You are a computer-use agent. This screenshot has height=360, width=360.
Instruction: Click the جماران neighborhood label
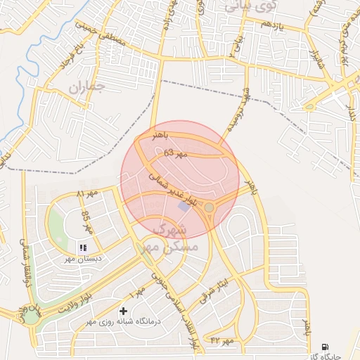pos(86,87)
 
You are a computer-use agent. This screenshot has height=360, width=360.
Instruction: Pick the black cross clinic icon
pos(124,310)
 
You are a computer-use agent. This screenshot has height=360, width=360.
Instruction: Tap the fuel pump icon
pos(324,346)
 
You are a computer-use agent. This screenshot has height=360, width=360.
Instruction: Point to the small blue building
pos(184,207)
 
